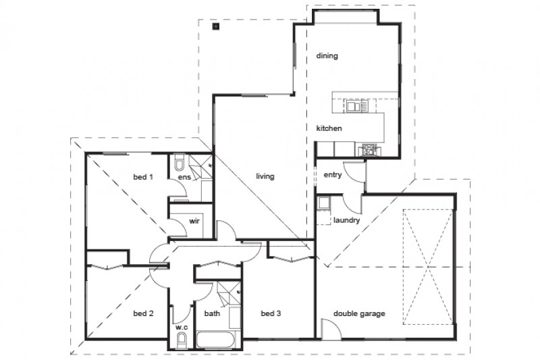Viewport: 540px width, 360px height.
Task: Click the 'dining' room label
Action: click(327, 56)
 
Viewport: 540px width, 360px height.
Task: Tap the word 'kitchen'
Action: click(329, 128)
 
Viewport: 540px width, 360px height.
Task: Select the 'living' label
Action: click(265, 177)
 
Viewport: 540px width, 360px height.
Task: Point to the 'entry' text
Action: click(333, 175)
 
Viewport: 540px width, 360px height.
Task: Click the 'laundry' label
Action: click(346, 220)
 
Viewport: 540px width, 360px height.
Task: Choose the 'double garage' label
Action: click(359, 313)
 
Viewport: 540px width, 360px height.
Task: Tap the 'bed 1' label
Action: click(142, 177)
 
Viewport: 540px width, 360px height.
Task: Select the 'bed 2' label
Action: click(143, 313)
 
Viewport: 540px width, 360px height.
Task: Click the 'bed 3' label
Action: click(271, 313)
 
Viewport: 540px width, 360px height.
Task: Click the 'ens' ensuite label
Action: click(183, 178)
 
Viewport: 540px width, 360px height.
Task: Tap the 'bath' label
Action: click(212, 313)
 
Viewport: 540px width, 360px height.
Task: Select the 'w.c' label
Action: click(181, 328)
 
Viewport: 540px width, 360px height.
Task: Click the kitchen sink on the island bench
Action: click(356, 105)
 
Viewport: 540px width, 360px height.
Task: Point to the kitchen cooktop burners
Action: click(369, 149)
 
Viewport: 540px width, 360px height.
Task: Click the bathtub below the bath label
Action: click(217, 339)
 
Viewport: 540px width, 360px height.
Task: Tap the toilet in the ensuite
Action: click(179, 163)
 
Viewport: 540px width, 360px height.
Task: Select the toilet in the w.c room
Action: click(181, 340)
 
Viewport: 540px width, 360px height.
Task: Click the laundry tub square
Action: click(324, 203)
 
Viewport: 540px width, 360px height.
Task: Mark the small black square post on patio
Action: click(215, 28)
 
